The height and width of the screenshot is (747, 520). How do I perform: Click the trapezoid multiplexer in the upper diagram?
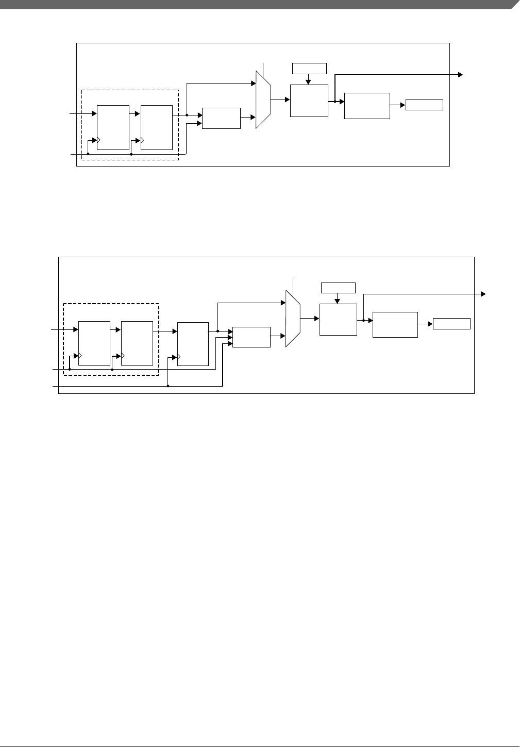coord(263,99)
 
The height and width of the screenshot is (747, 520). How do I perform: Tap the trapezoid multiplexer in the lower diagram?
coord(293,319)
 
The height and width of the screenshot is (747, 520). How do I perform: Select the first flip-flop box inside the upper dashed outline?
coord(113,127)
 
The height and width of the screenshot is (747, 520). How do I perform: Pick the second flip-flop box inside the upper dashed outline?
coord(157,127)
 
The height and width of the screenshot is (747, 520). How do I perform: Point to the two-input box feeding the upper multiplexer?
coord(222,118)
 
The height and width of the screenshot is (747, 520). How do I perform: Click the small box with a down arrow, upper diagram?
coord(309,68)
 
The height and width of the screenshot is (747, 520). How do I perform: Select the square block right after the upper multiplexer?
coord(309,101)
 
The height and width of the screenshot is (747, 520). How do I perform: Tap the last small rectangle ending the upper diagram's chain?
coord(424,104)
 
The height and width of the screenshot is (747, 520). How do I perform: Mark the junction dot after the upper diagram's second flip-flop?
coord(187,115)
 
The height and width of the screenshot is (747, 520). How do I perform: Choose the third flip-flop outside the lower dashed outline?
coord(193,343)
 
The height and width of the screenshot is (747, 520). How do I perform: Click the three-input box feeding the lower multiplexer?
coord(251,337)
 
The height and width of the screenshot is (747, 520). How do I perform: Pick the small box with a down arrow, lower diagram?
coord(338,288)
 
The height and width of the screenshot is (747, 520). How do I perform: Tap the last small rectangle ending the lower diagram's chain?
coord(451,324)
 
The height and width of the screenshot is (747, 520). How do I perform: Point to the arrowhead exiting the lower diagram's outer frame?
coord(483,294)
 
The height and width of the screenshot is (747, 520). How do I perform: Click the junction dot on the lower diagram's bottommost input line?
coord(169,386)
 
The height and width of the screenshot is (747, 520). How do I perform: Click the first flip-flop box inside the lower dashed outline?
coord(94,343)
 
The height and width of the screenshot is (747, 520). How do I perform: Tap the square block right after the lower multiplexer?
coord(338,320)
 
